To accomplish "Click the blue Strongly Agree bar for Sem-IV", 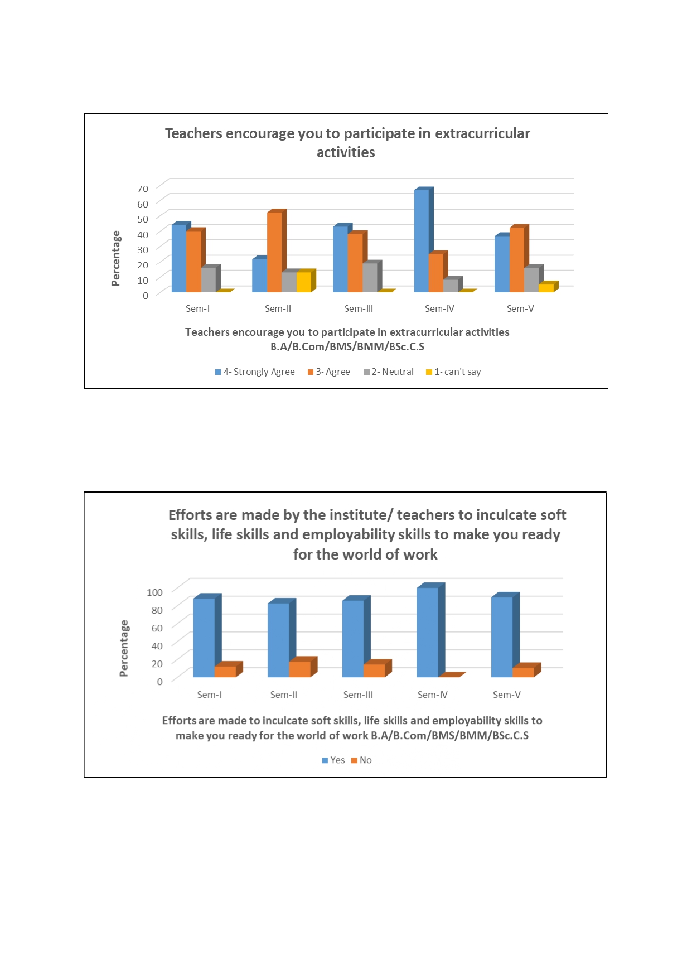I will tap(422, 241).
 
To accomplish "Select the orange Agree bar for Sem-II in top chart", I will tap(274, 252).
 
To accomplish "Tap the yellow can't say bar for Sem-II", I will tap(304, 282).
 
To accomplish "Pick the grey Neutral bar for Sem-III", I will tap(370, 277).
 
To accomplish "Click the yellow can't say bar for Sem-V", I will tap(546, 288).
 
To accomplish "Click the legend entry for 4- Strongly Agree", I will tap(255, 372).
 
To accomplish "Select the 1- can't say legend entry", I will tap(453, 372).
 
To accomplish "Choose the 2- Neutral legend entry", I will tap(389, 372).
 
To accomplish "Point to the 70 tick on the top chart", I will tap(143, 189).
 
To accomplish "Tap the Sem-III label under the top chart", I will tap(359, 308).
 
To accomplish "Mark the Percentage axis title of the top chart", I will tap(116, 258).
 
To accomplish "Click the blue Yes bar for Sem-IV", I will tap(427, 633).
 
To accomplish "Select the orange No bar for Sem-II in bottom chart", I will tap(299, 669).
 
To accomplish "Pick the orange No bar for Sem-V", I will tap(523, 672).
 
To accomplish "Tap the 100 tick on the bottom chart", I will tap(154, 592).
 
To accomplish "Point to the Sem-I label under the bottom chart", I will tap(210, 695).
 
